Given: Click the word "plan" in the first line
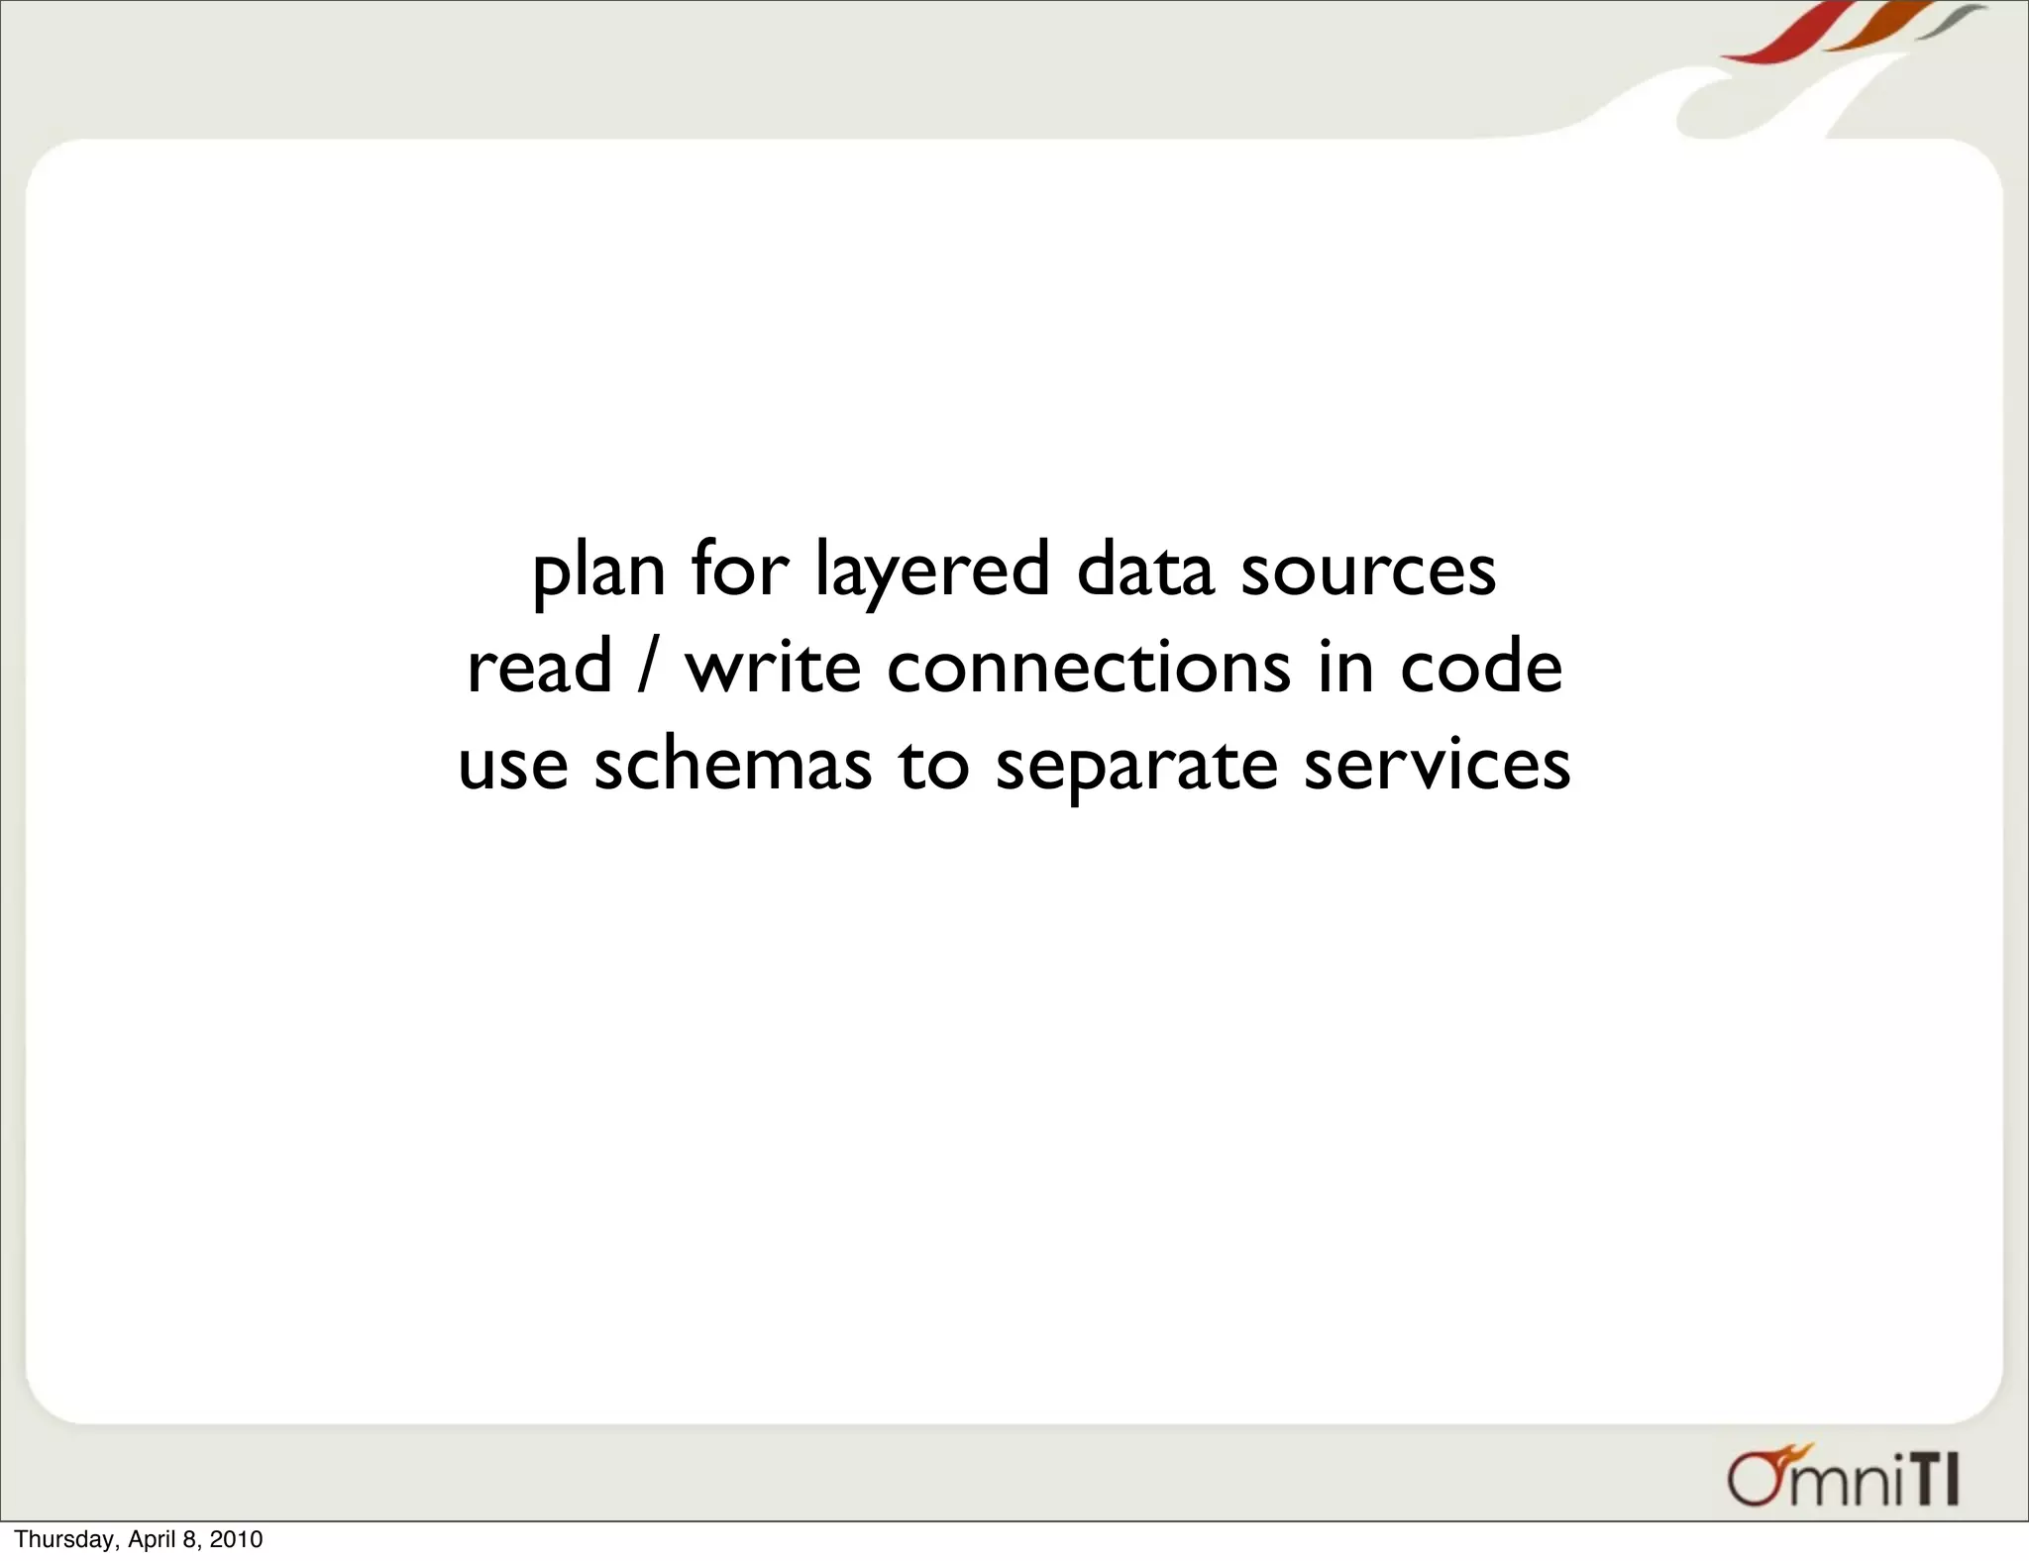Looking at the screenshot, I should (x=597, y=572).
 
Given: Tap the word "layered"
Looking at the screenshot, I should (x=931, y=572).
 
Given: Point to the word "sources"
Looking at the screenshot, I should (x=1368, y=572).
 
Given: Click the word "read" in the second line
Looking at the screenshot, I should (x=539, y=667).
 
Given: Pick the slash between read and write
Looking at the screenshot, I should (x=647, y=667).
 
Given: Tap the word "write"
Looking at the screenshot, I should (x=773, y=667).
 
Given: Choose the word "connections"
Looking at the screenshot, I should (x=1088, y=667).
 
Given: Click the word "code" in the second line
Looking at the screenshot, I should (x=1481, y=667).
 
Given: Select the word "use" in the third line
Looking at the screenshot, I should (x=513, y=766).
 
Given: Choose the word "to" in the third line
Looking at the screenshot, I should (x=933, y=766).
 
